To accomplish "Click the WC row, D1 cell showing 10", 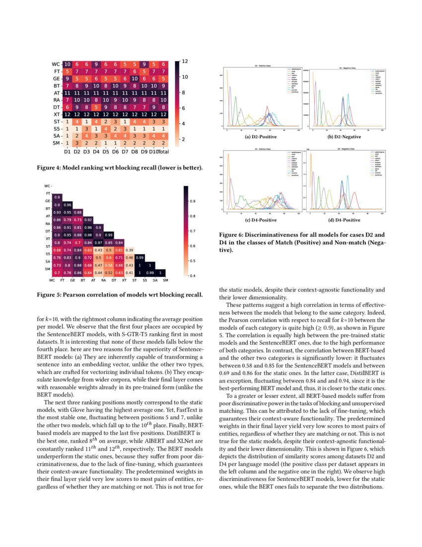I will (x=68, y=64).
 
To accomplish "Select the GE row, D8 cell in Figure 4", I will (x=134, y=79).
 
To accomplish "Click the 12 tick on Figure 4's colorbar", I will (x=185, y=61).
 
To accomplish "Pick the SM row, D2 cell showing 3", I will (x=77, y=144).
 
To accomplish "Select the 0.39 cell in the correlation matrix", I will (x=130, y=250).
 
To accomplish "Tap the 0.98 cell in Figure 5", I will (x=88, y=235).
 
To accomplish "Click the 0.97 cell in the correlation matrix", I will (x=98, y=242).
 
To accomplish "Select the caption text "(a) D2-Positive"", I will (x=261, y=137).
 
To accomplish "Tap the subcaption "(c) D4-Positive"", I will (x=261, y=220).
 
